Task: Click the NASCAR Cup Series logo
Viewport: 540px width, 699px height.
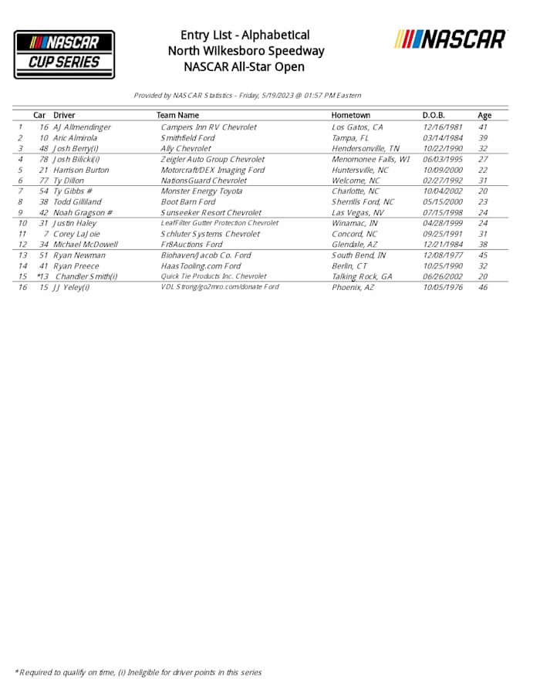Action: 64,54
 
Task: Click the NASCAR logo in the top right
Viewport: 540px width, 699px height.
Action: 451,39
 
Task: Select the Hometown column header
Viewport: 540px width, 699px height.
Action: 350,116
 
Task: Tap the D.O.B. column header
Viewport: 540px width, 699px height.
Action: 434,116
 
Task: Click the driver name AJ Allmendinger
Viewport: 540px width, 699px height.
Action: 82,127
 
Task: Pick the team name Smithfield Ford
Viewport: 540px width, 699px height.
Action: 187,138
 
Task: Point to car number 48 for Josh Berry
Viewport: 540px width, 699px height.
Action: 43,149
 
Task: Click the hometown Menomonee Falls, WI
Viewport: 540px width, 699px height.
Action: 370,160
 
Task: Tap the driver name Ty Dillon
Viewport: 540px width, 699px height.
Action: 69,181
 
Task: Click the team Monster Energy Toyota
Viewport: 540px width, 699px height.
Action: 201,191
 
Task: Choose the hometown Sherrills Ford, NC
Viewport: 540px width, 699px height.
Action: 363,202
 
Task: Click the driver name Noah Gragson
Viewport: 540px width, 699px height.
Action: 83,213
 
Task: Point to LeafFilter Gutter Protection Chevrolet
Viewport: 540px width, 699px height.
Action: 219,223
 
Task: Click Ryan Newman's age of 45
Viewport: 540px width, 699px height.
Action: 484,255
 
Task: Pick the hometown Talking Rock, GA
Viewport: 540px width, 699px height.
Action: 362,276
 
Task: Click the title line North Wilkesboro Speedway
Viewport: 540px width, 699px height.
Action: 246,51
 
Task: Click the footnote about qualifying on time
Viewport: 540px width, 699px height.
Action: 139,672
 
